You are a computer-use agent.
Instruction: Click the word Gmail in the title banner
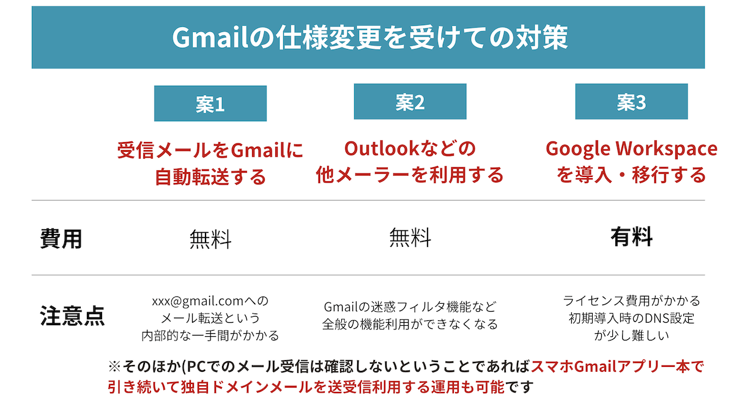coord(210,37)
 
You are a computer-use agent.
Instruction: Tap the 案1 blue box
coord(210,103)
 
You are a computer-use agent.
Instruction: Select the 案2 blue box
coord(410,102)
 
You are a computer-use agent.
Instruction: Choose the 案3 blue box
coord(631,102)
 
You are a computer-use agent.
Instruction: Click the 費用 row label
coord(61,238)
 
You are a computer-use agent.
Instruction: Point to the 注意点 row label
coord(72,315)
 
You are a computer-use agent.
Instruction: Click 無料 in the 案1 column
coord(210,239)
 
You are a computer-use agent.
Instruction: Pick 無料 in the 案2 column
coord(410,237)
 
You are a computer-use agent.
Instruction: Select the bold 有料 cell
coord(631,236)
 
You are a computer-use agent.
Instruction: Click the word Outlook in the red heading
coord(382,148)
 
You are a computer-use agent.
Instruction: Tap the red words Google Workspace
coord(631,149)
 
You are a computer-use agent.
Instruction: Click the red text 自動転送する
coord(210,177)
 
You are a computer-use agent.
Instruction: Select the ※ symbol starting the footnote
coord(115,367)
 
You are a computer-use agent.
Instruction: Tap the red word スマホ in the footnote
coord(552,366)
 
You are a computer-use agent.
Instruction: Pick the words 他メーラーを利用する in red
coord(410,175)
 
